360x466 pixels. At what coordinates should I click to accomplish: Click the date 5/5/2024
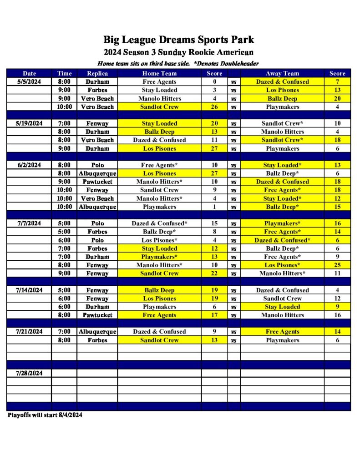29,82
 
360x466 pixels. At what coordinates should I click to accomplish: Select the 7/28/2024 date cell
29,373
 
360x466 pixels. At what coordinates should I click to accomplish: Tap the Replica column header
97,73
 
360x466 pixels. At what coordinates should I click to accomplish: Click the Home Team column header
159,73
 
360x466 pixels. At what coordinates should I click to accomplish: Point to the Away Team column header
282,73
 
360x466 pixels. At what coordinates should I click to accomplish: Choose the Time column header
64,73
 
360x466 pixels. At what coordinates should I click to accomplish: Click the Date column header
29,73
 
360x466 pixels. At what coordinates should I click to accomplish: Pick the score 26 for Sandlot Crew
214,107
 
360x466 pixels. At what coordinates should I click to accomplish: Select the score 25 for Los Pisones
337,265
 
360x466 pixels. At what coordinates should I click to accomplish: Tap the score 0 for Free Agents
214,82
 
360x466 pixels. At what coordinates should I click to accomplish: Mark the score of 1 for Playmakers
214,207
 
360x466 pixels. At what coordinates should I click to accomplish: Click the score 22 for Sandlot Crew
214,274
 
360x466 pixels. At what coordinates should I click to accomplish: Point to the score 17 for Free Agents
214,315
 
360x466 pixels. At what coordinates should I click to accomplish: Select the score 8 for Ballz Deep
214,232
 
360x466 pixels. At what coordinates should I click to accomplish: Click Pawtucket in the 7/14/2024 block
97,315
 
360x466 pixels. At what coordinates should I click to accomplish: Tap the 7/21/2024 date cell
29,332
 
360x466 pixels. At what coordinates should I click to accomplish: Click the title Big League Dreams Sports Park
178,40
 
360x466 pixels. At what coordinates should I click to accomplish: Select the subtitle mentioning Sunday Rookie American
178,52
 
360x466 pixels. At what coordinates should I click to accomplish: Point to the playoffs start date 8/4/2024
70,415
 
